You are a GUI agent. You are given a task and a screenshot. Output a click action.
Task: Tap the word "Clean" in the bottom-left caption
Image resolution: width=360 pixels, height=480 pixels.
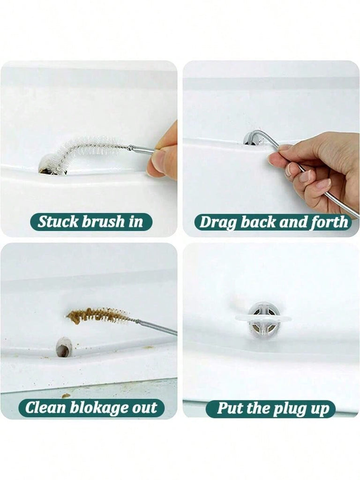(46, 408)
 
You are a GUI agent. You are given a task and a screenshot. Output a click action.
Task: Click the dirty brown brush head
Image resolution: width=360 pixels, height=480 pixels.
(98, 315)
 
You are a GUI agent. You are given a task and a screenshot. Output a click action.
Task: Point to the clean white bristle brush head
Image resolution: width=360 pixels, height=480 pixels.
(89, 150)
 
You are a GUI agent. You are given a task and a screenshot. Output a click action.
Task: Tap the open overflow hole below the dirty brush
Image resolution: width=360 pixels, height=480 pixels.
(63, 347)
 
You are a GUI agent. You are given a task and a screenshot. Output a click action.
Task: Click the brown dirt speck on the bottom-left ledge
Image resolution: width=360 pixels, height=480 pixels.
(66, 396)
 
